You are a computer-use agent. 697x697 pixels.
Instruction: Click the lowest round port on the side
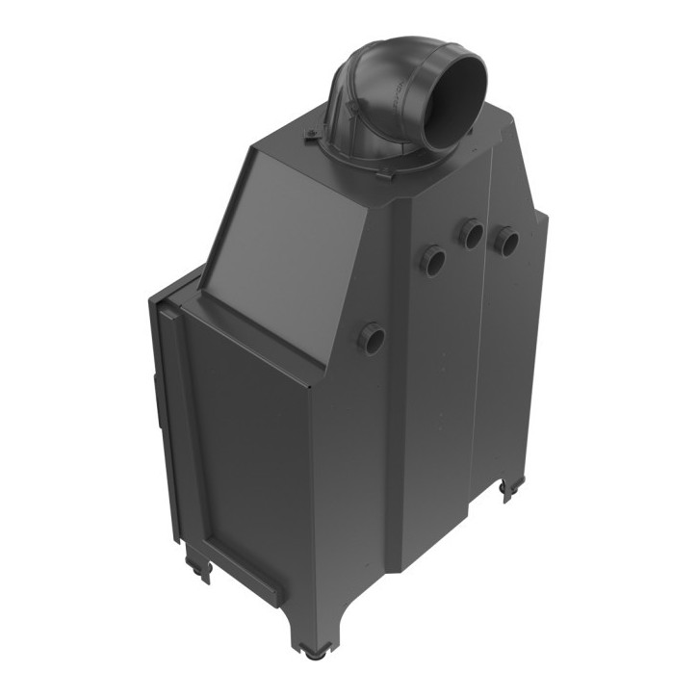(x=371, y=337)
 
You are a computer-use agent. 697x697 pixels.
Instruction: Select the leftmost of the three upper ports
(x=432, y=259)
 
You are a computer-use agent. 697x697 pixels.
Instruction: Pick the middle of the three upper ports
(x=471, y=232)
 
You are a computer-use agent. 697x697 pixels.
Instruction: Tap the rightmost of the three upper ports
(x=506, y=241)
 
